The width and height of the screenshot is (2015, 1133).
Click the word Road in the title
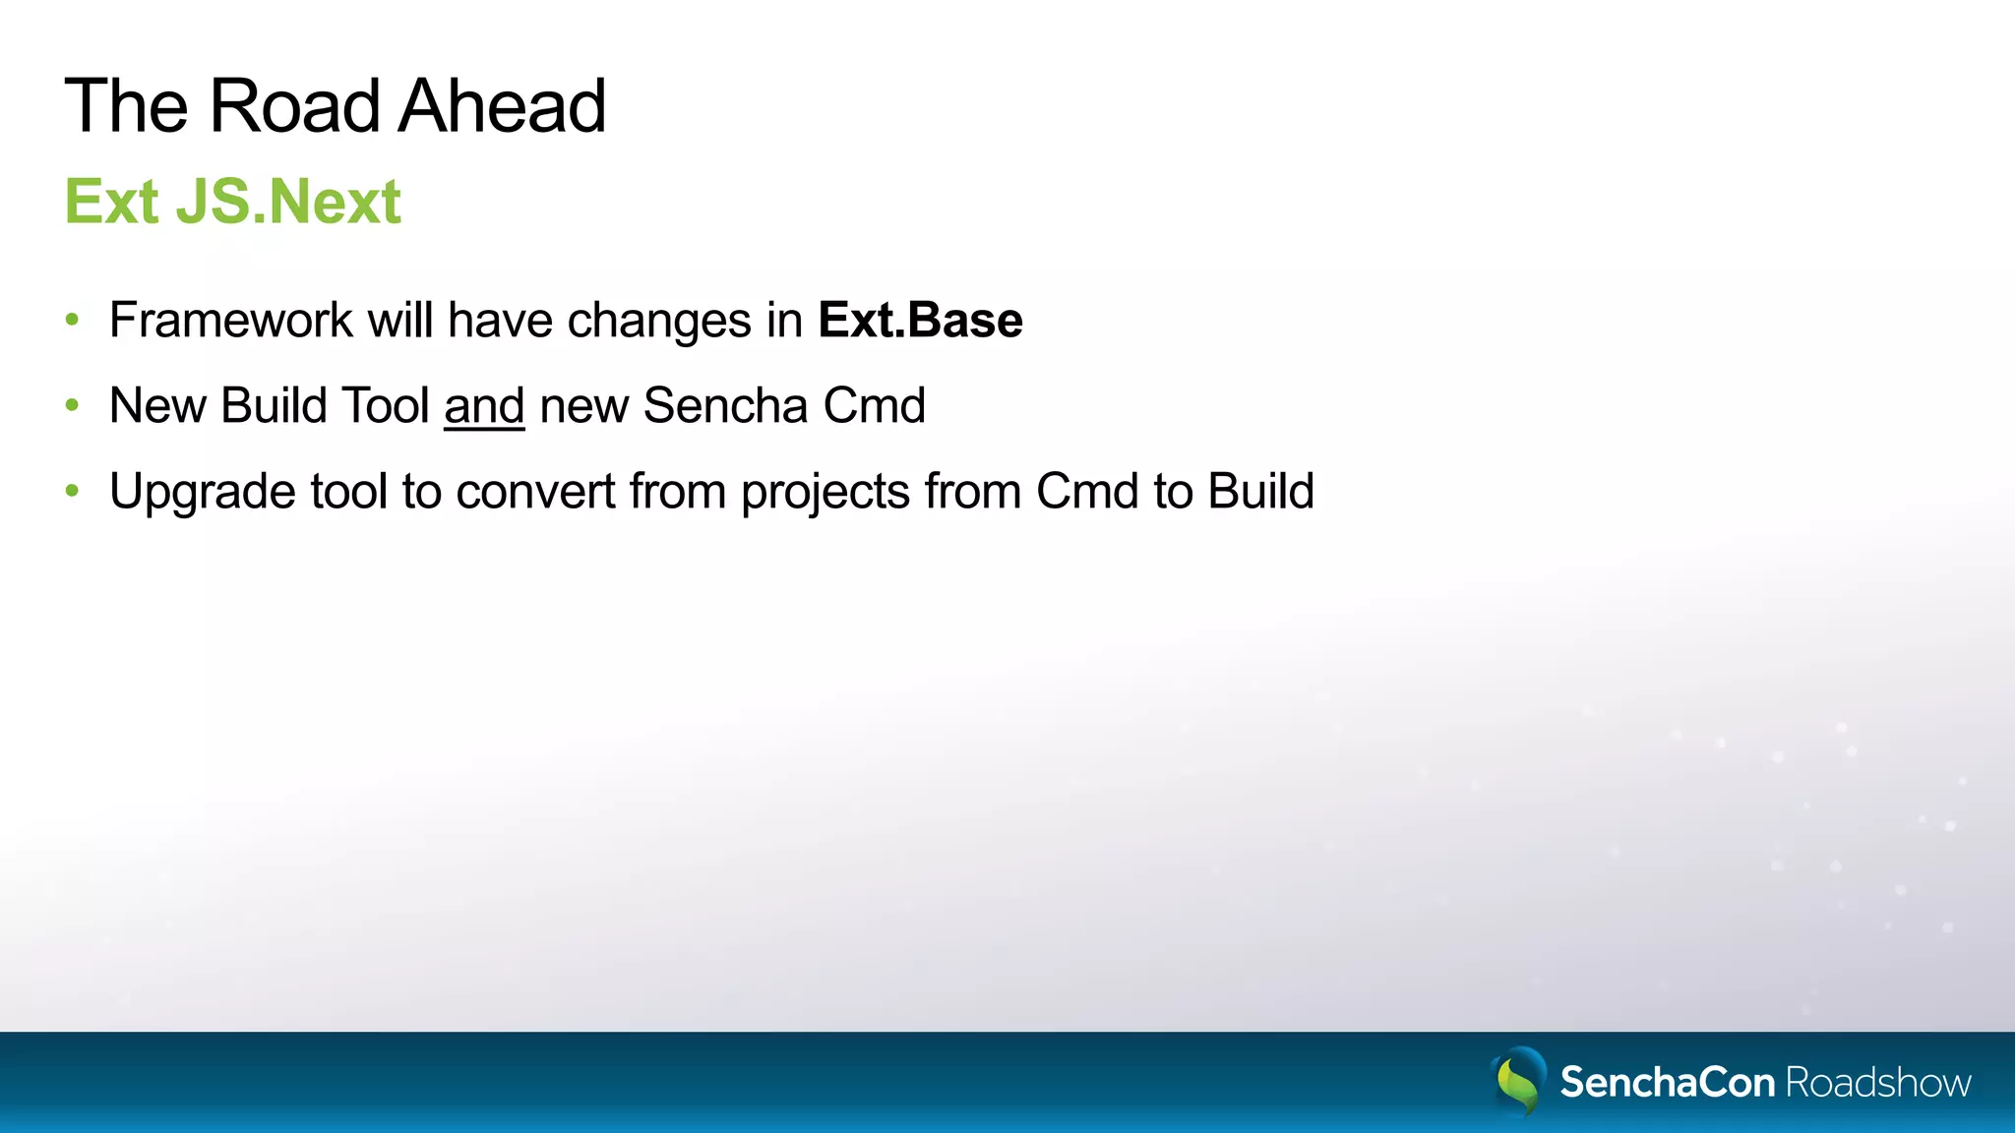pos(294,105)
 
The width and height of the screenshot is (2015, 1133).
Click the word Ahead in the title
pos(502,105)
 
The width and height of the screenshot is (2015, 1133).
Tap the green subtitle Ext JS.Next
pos(232,202)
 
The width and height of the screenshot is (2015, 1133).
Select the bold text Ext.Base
pos(920,320)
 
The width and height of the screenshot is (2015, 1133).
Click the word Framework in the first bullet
pos(230,320)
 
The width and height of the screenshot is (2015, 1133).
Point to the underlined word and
pos(484,405)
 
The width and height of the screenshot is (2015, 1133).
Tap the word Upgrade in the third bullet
pos(202,492)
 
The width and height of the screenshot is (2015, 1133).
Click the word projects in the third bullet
pos(824,492)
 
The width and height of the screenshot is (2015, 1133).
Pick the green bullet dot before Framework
pos(72,319)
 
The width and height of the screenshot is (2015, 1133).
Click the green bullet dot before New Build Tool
pos(72,404)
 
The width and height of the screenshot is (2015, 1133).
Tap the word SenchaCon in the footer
pos(1667,1082)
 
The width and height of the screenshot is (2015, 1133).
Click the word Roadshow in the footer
pos(1877,1082)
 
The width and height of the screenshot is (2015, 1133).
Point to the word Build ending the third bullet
pos(1260,491)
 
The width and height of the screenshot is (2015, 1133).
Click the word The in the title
pos(125,105)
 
